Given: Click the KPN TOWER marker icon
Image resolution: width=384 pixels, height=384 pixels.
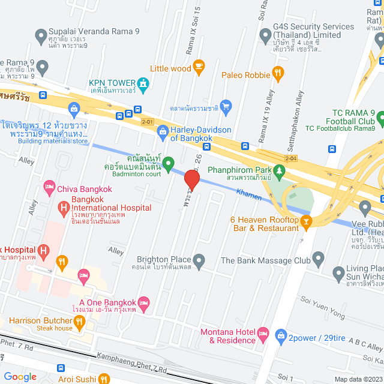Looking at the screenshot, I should (x=142, y=84).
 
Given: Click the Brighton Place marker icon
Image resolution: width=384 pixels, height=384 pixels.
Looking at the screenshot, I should (x=199, y=260).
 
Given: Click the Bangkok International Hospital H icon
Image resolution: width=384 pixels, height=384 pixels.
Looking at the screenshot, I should (x=63, y=208).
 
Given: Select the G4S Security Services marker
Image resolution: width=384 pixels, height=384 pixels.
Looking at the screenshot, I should (x=265, y=35).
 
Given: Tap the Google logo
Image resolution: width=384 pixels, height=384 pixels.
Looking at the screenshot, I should (x=20, y=376).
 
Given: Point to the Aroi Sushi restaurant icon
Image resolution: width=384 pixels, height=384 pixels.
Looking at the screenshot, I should (x=104, y=379).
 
